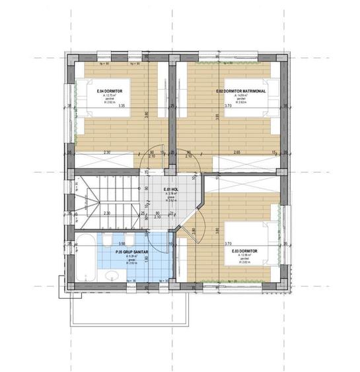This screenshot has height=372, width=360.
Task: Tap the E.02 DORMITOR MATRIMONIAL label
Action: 241,91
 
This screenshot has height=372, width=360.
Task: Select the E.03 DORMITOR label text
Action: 244,252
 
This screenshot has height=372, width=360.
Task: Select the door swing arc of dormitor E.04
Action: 154,157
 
